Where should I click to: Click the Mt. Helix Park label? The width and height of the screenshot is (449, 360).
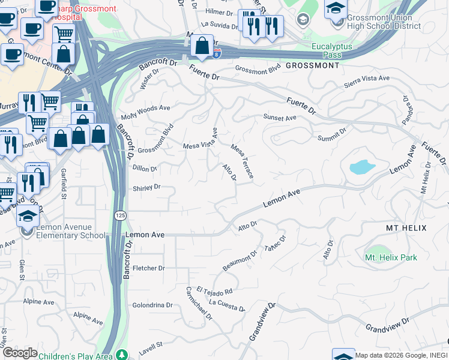tap(391, 257)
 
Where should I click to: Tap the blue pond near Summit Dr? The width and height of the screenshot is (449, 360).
tap(362, 166)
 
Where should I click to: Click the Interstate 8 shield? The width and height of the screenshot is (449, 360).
tap(217, 53)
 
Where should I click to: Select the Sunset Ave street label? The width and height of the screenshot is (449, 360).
tap(280, 118)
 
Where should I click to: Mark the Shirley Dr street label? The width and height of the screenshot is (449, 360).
tap(146, 187)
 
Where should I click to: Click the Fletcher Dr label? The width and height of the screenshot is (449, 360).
tap(148, 268)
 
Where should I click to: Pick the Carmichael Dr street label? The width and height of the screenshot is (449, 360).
tap(199, 303)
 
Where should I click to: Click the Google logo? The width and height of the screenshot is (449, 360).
tap(20, 352)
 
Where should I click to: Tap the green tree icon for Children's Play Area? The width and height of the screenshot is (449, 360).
tap(122, 355)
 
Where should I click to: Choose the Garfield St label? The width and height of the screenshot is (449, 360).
tap(64, 181)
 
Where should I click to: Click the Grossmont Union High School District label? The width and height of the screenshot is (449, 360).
tap(384, 22)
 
